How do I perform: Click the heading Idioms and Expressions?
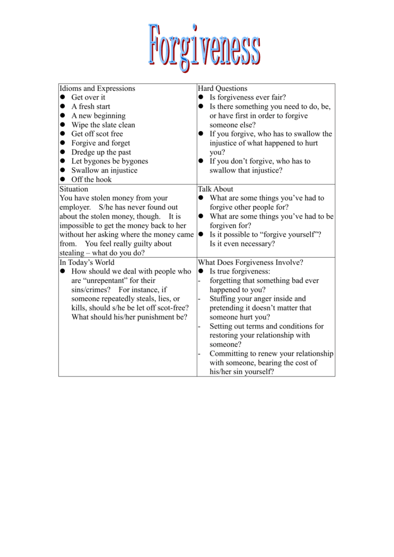pos(97,89)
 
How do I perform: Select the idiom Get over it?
pos(88,97)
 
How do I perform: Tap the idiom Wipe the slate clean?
pos(103,125)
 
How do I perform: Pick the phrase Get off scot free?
pos(97,134)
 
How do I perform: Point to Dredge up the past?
pos(101,152)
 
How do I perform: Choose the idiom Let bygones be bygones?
pos(110,162)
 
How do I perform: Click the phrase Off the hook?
pos(91,180)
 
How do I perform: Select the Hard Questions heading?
pos(222,89)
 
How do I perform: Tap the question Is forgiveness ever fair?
pos(248,97)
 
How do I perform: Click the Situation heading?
pos(73,189)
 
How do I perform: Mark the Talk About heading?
pos(215,189)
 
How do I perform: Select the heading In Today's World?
pos(87,262)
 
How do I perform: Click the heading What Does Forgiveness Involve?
pos(251,262)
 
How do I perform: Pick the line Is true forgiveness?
pos(240,271)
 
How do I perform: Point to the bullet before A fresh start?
pos(63,107)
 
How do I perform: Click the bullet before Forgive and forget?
pos(63,143)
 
